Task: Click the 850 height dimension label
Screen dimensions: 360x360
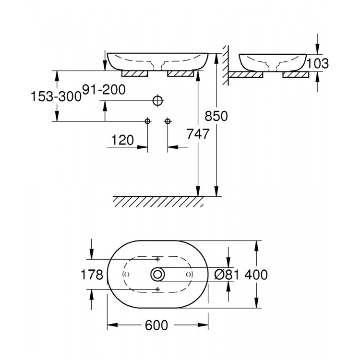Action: pyautogui.click(x=216, y=116)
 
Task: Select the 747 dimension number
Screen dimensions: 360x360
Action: pyautogui.click(x=198, y=134)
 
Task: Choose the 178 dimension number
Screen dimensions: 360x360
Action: pyautogui.click(x=93, y=275)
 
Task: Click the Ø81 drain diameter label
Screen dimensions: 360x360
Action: pyautogui.click(x=226, y=275)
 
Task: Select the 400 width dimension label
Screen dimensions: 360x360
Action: pyautogui.click(x=256, y=275)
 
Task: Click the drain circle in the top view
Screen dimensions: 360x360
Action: pyautogui.click(x=157, y=274)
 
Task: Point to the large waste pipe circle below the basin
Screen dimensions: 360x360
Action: pyautogui.click(x=157, y=101)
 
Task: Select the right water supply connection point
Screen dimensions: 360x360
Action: pyautogui.click(x=168, y=121)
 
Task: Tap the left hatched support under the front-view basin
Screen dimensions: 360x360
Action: pyautogui.click(x=136, y=74)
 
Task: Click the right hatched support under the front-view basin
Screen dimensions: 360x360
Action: pyautogui.click(x=180, y=74)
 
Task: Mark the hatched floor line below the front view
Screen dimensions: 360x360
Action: pyautogui.click(x=158, y=201)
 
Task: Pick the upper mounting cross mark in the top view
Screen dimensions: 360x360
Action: pyautogui.click(x=157, y=259)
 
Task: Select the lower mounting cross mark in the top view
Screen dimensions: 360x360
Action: pyautogui.click(x=157, y=288)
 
